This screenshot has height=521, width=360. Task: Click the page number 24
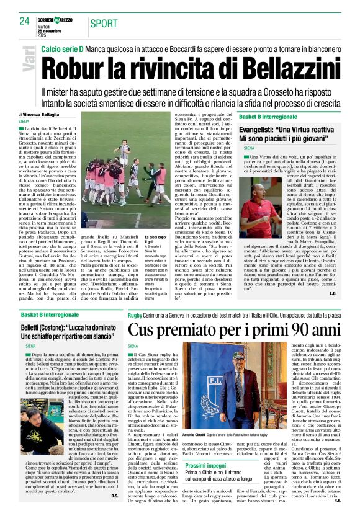25,21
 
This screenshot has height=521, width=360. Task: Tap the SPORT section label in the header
103,23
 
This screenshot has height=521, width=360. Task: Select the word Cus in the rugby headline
145,331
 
